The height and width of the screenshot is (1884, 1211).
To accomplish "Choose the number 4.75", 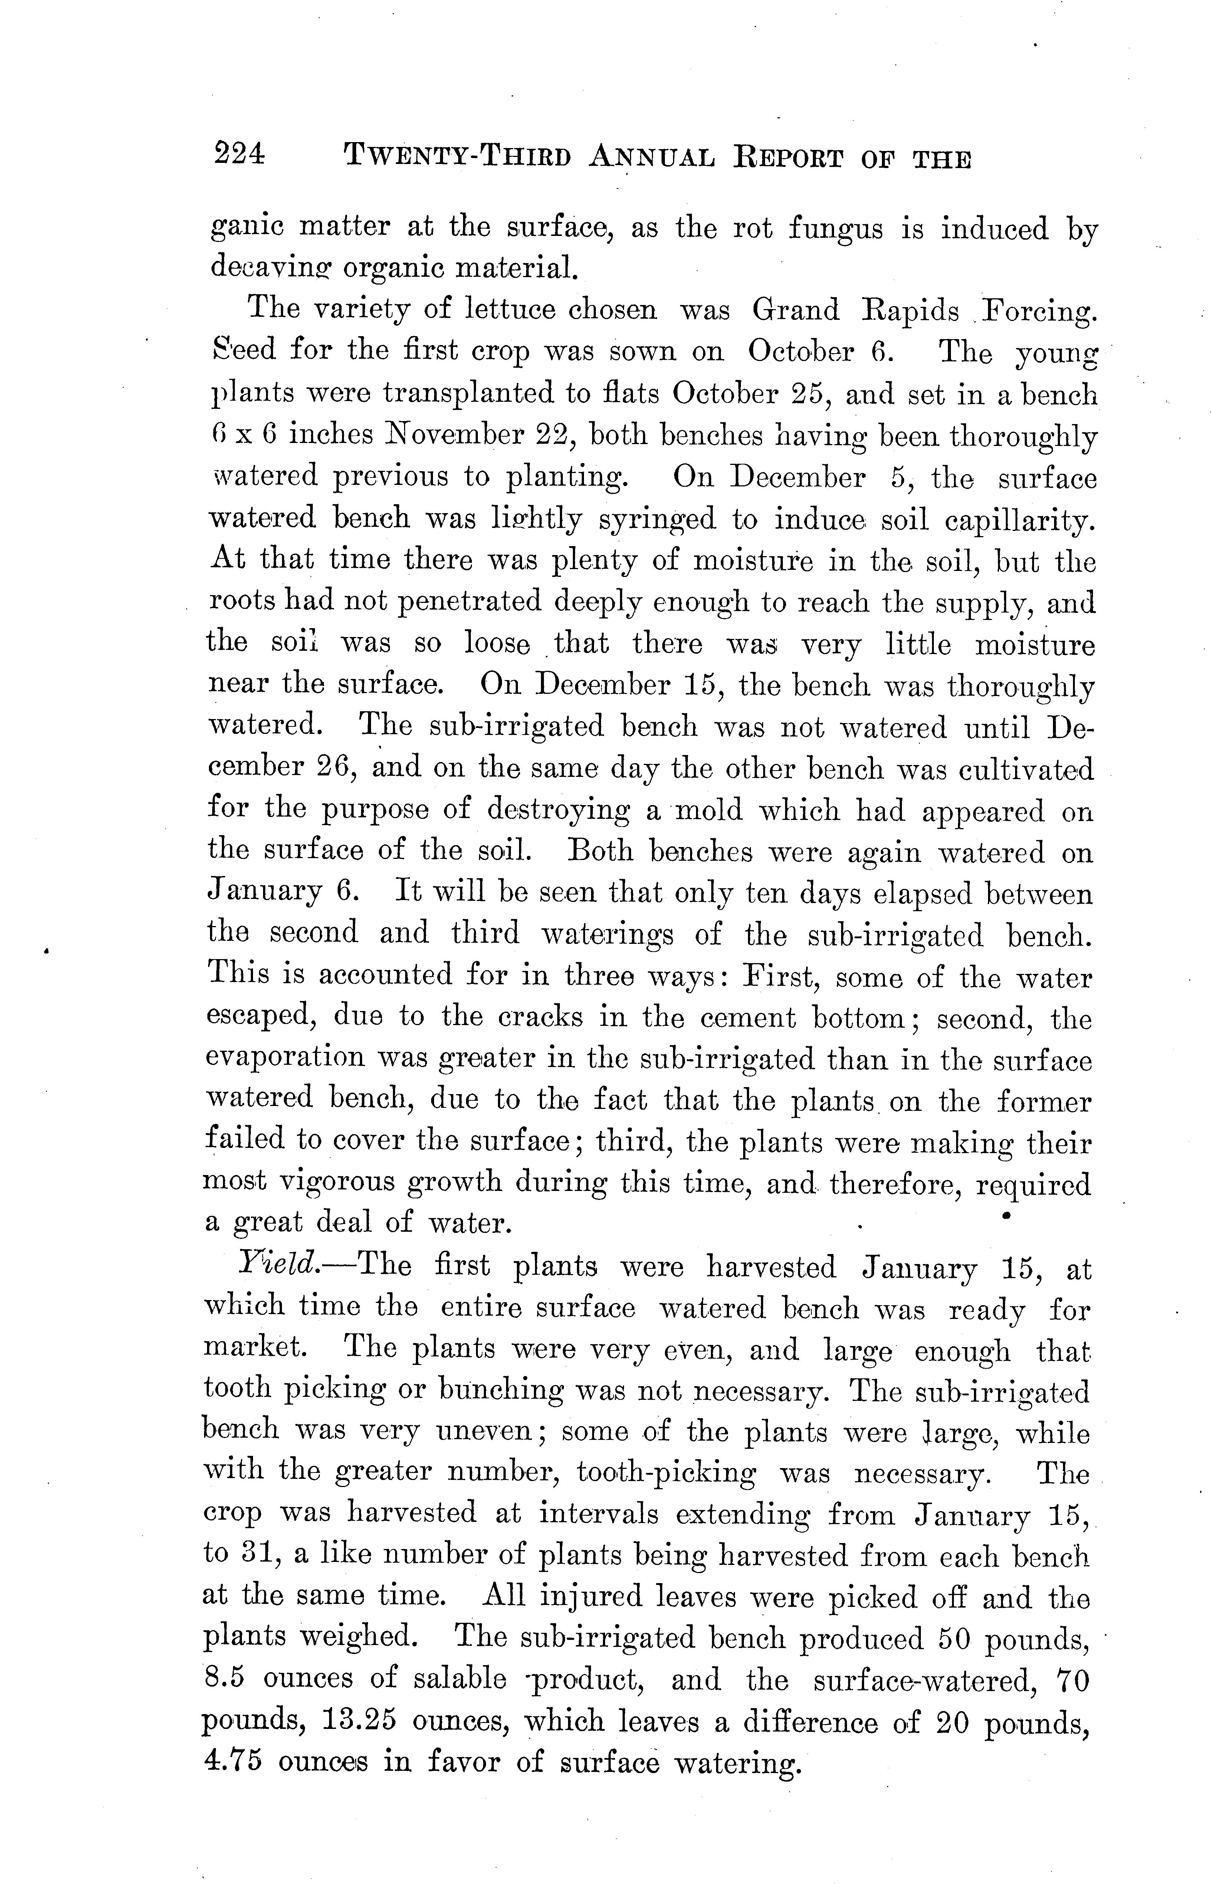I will [x=232, y=1760].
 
